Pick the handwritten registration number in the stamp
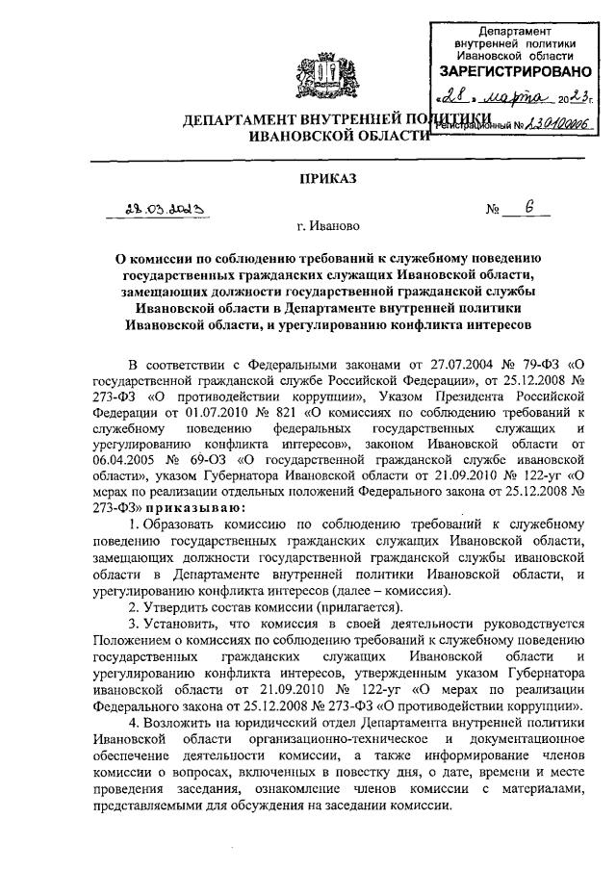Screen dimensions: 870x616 coord(540,122)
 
